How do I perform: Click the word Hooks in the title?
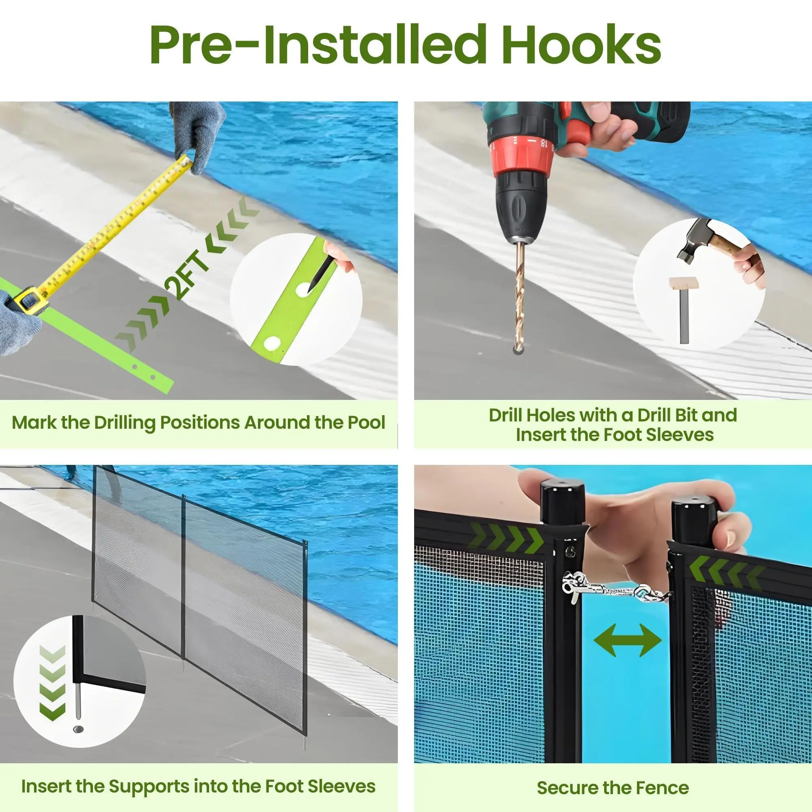(581, 45)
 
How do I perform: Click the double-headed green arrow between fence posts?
(628, 640)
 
